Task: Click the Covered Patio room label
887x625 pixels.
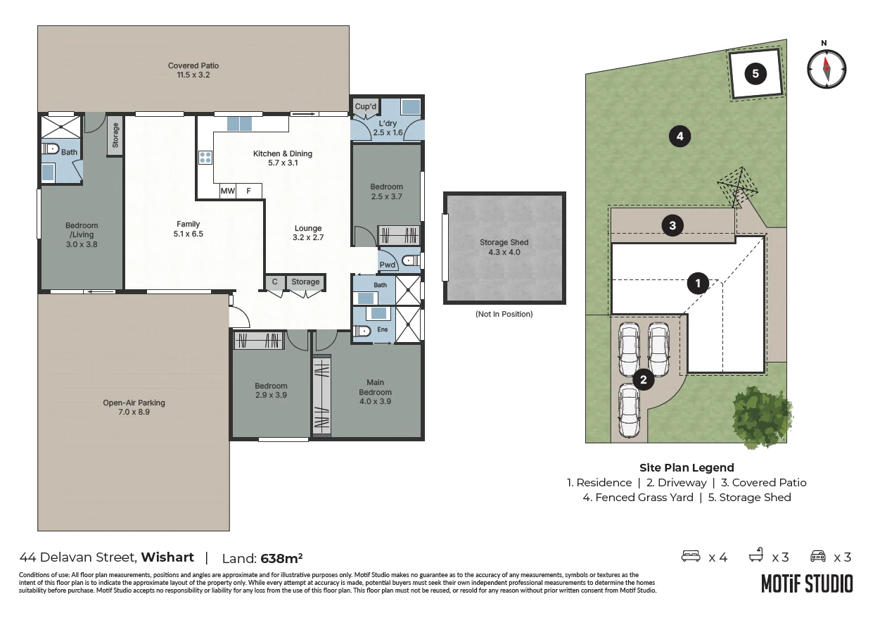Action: pos(193,65)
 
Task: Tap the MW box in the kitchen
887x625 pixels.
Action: pos(228,191)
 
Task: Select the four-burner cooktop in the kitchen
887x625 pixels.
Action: pos(205,158)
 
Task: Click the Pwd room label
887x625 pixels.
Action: pos(388,265)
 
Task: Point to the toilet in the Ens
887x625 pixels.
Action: pos(361,330)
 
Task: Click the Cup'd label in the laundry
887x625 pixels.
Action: pos(366,106)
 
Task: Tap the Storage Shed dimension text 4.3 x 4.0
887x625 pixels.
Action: pos(504,252)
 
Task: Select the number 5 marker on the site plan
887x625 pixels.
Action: pos(755,73)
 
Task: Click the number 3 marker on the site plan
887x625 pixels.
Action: pos(672,225)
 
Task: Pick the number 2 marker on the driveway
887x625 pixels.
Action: pos(643,379)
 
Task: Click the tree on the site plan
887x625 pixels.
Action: pos(762,417)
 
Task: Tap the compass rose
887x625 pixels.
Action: pos(827,68)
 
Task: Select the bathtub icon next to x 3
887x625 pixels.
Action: pos(756,555)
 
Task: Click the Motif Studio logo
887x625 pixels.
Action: pos(807,583)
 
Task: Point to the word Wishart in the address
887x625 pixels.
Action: pos(167,557)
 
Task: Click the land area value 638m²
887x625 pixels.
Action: pos(281,558)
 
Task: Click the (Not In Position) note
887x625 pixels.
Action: pos(504,314)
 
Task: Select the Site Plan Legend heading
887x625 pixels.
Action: pos(687,467)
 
